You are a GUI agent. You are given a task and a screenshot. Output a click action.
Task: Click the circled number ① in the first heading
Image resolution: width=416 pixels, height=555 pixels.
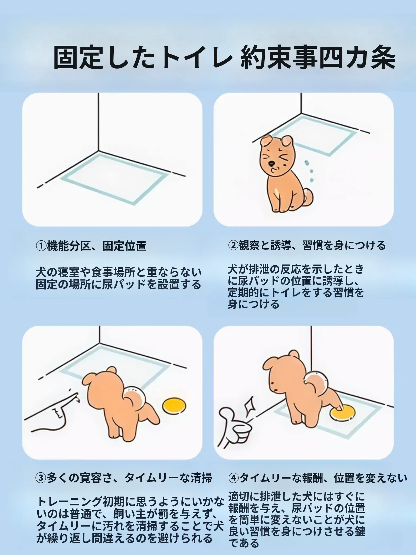41,246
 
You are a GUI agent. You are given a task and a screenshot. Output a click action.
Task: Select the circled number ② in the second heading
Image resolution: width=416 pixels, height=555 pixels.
233,246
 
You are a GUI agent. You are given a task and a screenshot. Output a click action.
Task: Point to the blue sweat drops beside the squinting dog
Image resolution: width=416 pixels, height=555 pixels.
309,171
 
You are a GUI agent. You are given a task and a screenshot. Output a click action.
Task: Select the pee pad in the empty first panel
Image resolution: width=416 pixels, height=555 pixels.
114,178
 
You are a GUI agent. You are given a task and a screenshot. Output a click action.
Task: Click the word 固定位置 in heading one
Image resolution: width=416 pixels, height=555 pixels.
125,246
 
